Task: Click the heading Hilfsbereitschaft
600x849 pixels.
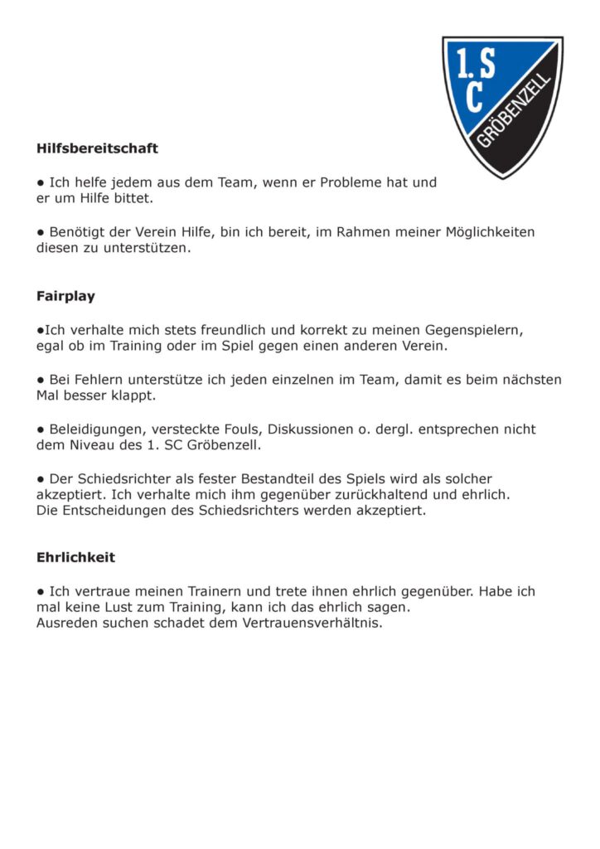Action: [97, 149]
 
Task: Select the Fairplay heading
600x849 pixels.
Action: [65, 296]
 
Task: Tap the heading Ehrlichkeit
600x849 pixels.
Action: [75, 558]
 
